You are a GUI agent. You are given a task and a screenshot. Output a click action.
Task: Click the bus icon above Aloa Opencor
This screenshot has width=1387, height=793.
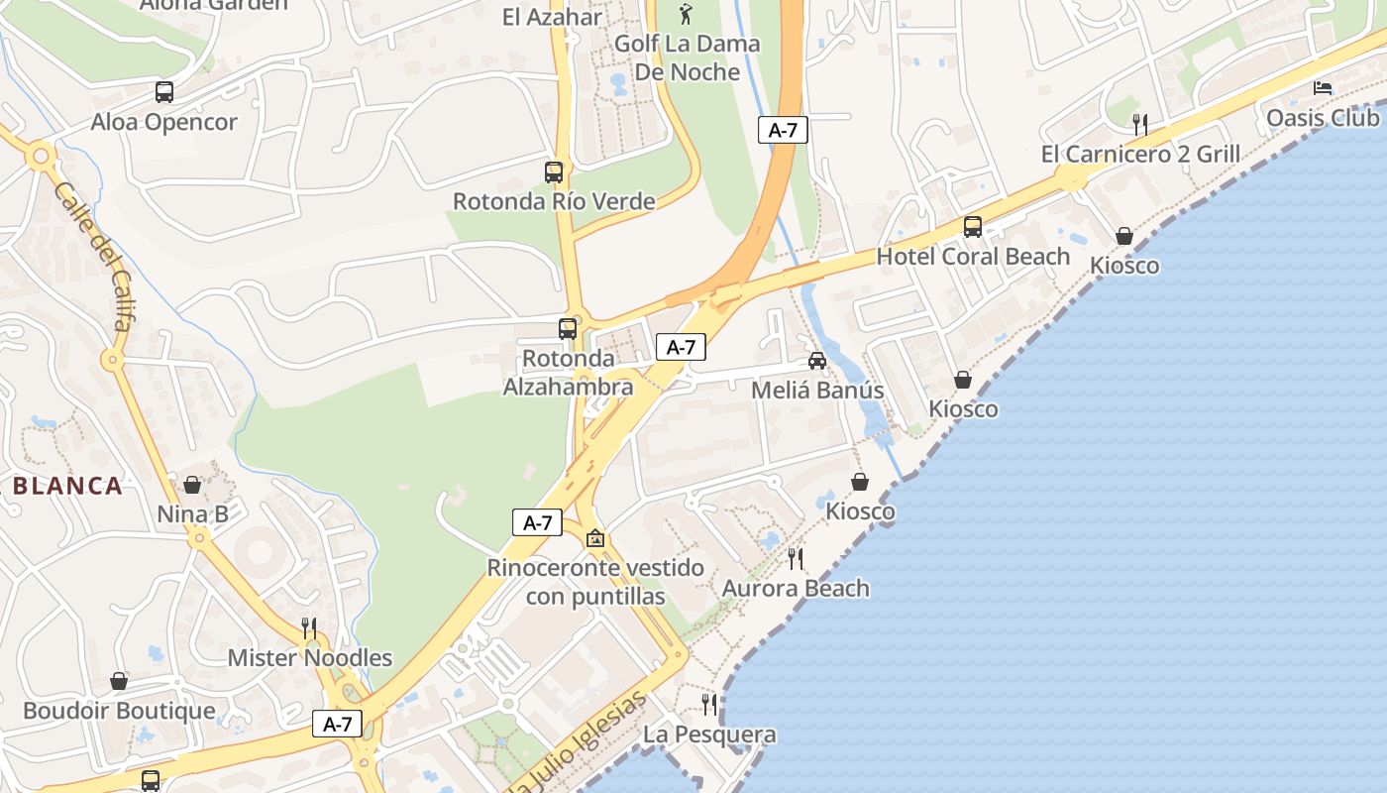pyautogui.click(x=164, y=92)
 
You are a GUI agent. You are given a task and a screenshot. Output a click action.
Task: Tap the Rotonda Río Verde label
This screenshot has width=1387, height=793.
pyautogui.click(x=554, y=201)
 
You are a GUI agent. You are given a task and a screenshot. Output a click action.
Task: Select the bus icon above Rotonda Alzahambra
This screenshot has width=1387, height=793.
pyautogui.click(x=568, y=329)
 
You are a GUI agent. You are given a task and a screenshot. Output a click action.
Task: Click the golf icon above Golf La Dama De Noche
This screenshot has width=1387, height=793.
pyautogui.click(x=687, y=14)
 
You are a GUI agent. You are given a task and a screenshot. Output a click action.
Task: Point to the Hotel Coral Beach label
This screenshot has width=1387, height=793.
pyautogui.click(x=973, y=256)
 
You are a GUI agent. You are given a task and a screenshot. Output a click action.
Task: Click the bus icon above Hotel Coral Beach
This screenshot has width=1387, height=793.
pyautogui.click(x=973, y=227)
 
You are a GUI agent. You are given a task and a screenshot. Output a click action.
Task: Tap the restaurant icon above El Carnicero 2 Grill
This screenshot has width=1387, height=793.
pyautogui.click(x=1140, y=124)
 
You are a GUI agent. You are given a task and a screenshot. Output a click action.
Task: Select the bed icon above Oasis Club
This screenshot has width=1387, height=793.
pyautogui.click(x=1323, y=88)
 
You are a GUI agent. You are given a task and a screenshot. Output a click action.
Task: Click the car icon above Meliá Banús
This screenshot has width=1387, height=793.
pyautogui.click(x=817, y=361)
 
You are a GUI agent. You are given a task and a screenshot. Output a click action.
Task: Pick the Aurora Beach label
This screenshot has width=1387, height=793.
pyautogui.click(x=796, y=588)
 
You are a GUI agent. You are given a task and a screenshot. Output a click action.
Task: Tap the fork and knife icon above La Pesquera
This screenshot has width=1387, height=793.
pyautogui.click(x=709, y=705)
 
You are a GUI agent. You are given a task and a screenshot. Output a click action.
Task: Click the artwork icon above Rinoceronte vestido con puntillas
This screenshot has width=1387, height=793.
pyautogui.click(x=595, y=538)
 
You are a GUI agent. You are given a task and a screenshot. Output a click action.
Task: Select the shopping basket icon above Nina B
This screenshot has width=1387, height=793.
pyautogui.click(x=192, y=485)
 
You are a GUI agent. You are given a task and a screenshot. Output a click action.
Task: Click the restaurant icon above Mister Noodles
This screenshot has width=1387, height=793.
pyautogui.click(x=309, y=627)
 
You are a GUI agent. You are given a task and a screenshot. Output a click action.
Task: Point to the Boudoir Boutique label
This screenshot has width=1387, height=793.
pyautogui.click(x=119, y=711)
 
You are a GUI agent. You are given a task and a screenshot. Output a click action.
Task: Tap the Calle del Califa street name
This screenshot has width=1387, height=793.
pyautogui.click(x=94, y=255)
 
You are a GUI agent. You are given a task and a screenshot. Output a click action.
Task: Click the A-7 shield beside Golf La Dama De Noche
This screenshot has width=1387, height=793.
pyautogui.click(x=783, y=130)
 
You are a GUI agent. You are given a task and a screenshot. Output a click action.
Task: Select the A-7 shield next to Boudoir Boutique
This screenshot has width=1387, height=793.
pyautogui.click(x=338, y=724)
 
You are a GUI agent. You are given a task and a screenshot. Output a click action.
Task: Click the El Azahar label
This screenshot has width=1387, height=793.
pyautogui.click(x=552, y=17)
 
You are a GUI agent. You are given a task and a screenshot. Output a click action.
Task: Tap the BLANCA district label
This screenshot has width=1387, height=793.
pyautogui.click(x=67, y=486)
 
